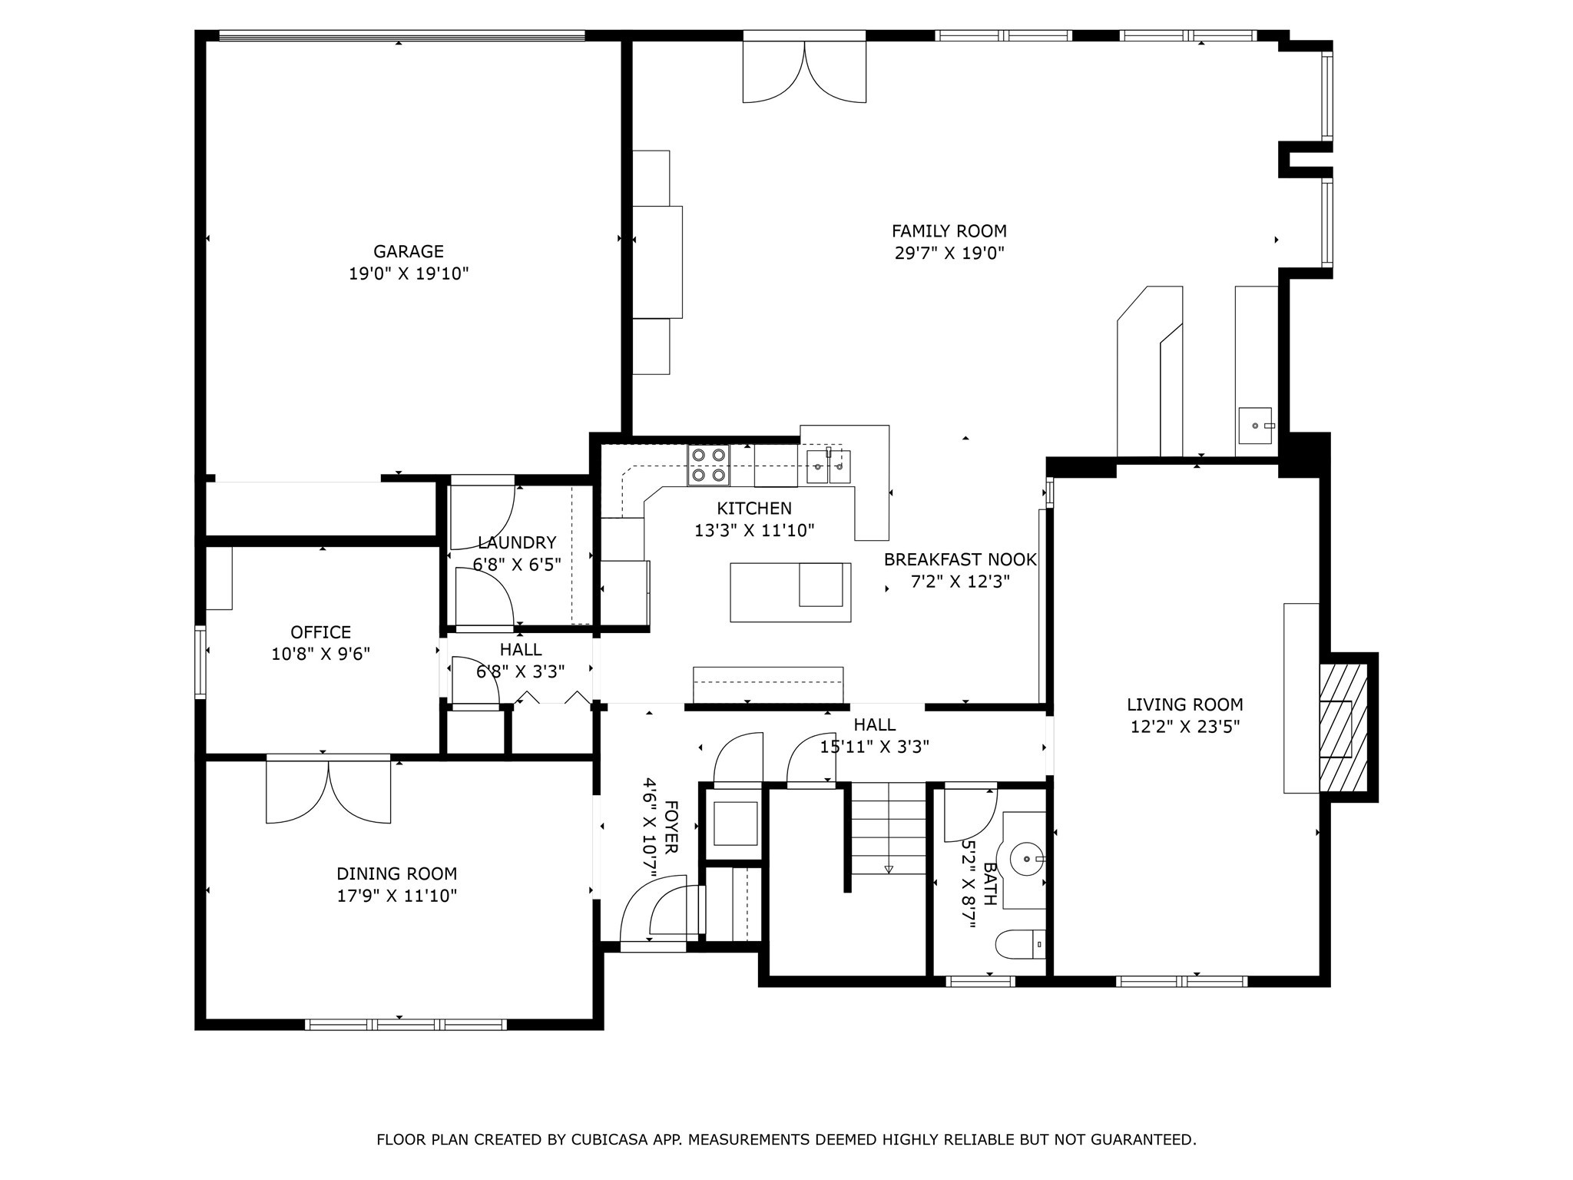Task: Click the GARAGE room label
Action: (408, 251)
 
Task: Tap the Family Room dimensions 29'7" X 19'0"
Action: (949, 253)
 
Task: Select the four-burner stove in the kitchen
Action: (708, 465)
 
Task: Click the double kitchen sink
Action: (828, 466)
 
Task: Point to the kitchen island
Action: (790, 592)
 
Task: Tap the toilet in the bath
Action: (1022, 943)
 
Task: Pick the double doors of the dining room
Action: (329, 791)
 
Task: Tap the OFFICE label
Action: (320, 632)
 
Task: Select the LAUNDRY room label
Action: (516, 543)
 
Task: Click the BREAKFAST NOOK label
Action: (959, 559)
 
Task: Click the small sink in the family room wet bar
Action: (1254, 426)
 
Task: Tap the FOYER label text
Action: (671, 827)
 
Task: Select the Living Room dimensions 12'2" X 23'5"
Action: (1184, 726)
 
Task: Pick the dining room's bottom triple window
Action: (406, 1023)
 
